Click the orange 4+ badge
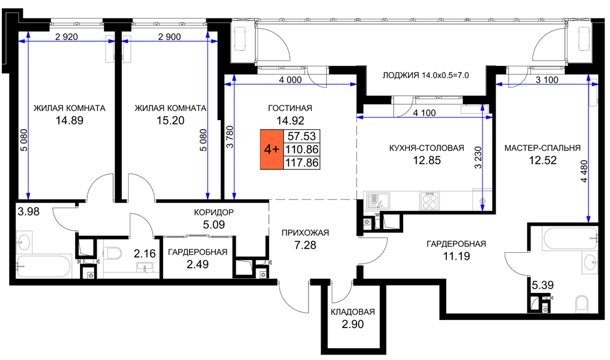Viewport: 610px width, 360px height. point(271,150)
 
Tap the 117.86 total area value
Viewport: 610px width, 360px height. point(302,163)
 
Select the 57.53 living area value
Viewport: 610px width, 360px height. point(302,136)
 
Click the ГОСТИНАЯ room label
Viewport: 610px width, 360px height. point(290,108)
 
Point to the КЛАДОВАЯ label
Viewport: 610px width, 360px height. point(353,312)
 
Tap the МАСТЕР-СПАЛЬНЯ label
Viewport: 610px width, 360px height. point(542,148)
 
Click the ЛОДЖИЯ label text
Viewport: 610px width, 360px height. point(401,76)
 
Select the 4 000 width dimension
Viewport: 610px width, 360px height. point(290,80)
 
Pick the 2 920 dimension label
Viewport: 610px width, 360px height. point(66,37)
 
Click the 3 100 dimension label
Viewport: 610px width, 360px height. point(547,80)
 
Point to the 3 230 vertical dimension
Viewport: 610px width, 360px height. point(478,157)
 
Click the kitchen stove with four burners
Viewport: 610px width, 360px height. point(429,201)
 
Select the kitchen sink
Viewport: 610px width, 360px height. point(377,201)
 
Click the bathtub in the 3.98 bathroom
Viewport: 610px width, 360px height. point(44,266)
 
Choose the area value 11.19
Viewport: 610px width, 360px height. point(456,256)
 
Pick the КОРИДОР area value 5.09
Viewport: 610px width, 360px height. point(214,225)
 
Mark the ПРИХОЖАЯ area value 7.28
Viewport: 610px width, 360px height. point(305,245)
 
